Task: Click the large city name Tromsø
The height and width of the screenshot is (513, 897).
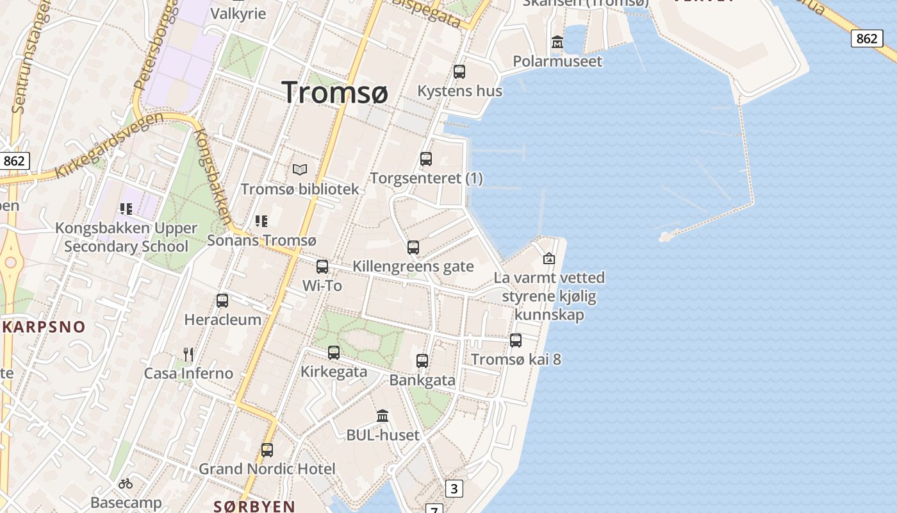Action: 334,92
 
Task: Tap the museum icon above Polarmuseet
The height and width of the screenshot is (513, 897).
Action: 557,42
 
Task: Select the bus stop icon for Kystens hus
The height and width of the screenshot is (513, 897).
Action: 459,72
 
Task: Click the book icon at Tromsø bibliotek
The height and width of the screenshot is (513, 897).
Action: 300,170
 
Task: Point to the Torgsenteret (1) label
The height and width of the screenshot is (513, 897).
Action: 427,178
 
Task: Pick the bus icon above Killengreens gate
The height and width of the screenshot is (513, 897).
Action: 413,247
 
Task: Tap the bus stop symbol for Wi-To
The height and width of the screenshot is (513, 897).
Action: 322,267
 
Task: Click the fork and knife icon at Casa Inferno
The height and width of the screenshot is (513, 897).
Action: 188,354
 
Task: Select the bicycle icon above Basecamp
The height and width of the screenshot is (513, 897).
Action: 126,483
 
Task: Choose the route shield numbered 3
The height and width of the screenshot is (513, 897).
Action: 454,489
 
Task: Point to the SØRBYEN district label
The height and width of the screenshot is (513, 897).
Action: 254,507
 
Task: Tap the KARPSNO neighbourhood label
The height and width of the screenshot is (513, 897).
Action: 44,327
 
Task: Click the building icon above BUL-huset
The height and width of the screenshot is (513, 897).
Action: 383,416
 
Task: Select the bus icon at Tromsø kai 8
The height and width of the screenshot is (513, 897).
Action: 516,341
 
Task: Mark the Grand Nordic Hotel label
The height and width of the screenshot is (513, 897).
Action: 267,469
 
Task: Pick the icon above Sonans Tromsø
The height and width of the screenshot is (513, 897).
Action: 261,221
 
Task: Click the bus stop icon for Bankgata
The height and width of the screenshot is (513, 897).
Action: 422,361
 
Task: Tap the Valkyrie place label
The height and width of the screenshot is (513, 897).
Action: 238,13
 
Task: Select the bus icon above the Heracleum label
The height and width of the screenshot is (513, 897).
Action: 222,300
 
